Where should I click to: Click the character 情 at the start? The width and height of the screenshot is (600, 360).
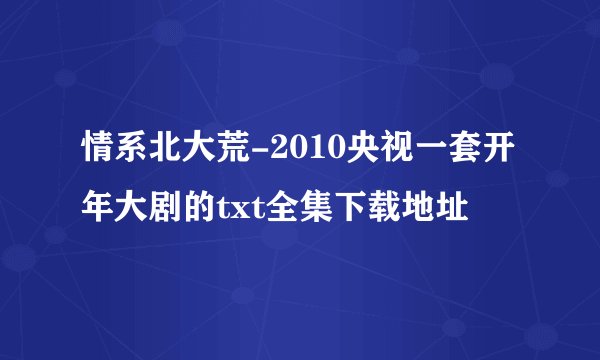coord(99,152)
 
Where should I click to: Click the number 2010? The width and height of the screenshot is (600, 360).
coord(306,152)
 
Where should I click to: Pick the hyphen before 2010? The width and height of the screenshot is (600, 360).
coord(260,153)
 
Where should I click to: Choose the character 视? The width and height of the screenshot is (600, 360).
coord(398,152)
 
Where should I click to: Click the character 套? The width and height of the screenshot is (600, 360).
coord(466,152)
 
